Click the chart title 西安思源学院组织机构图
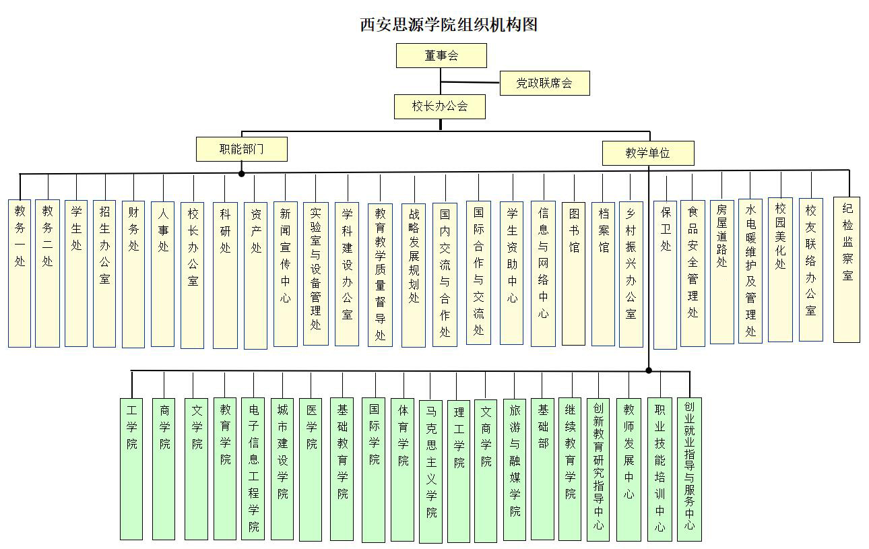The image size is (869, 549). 449,25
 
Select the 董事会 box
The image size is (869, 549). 441,55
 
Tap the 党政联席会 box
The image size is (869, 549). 545,83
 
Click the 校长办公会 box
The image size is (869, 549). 440,106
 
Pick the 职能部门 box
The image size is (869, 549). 242,149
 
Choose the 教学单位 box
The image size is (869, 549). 648,154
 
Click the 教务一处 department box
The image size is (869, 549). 20,273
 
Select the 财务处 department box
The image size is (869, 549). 133,274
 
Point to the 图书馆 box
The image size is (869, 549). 573,273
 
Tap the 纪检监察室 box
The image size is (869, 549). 847,269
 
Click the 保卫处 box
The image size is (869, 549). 666,275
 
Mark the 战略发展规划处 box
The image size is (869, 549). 414,275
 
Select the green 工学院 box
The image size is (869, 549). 131,469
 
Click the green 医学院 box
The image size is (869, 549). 311,470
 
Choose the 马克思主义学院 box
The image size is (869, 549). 430,472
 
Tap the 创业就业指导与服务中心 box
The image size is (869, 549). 689,470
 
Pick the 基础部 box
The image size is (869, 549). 542,469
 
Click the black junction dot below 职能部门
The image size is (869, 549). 241,174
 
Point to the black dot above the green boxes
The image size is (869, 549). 649,370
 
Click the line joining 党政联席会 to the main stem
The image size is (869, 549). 470,82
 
